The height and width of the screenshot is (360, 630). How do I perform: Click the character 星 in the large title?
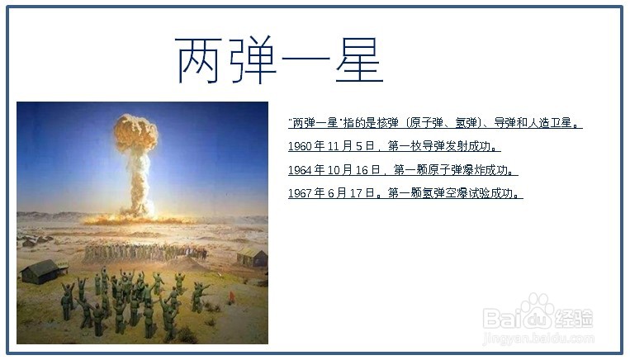click(359, 59)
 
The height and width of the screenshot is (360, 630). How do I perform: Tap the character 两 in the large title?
click(199, 60)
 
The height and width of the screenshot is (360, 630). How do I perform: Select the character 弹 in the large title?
click(253, 59)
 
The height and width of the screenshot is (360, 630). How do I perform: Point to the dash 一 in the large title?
click(306, 60)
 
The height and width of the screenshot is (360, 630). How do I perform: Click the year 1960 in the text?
click(300, 146)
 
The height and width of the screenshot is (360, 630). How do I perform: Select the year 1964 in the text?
click(300, 170)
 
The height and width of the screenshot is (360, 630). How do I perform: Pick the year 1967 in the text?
click(300, 194)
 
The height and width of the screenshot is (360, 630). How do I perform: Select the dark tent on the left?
click(41, 272)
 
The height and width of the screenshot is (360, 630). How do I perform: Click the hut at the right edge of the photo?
click(253, 256)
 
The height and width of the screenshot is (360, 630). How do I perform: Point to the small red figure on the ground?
click(231, 297)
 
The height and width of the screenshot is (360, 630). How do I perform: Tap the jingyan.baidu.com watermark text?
click(538, 339)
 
